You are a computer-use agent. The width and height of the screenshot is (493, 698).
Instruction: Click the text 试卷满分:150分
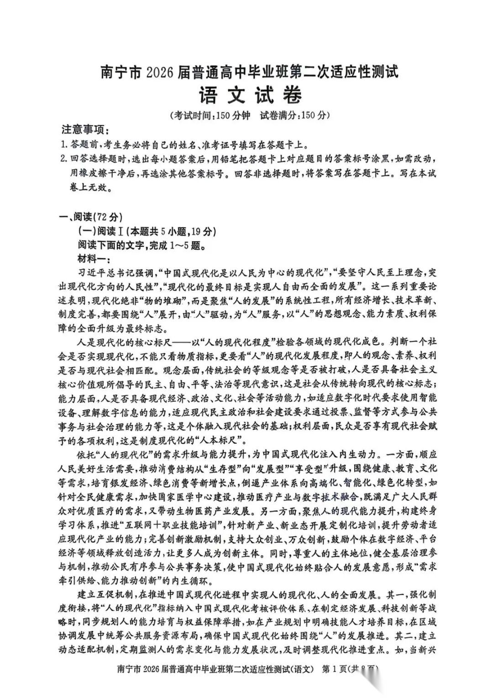point(294,115)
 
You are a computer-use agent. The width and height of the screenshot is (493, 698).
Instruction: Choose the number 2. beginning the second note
point(64,160)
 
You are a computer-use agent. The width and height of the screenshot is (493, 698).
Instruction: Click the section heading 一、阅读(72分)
point(92,217)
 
